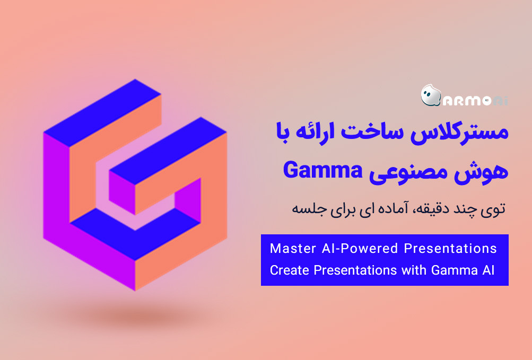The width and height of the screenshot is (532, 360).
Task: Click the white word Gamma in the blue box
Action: [453, 270]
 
